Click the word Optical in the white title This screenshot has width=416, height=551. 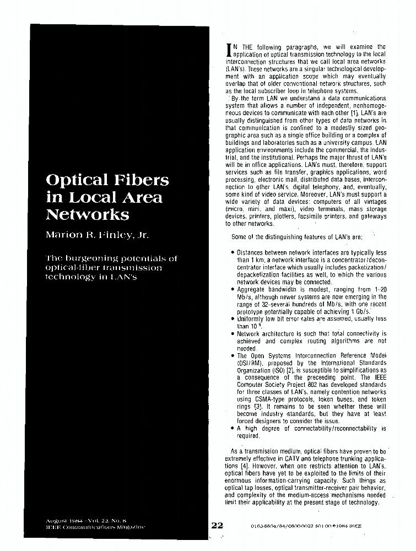(75, 180)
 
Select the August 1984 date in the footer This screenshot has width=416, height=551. (63, 520)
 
